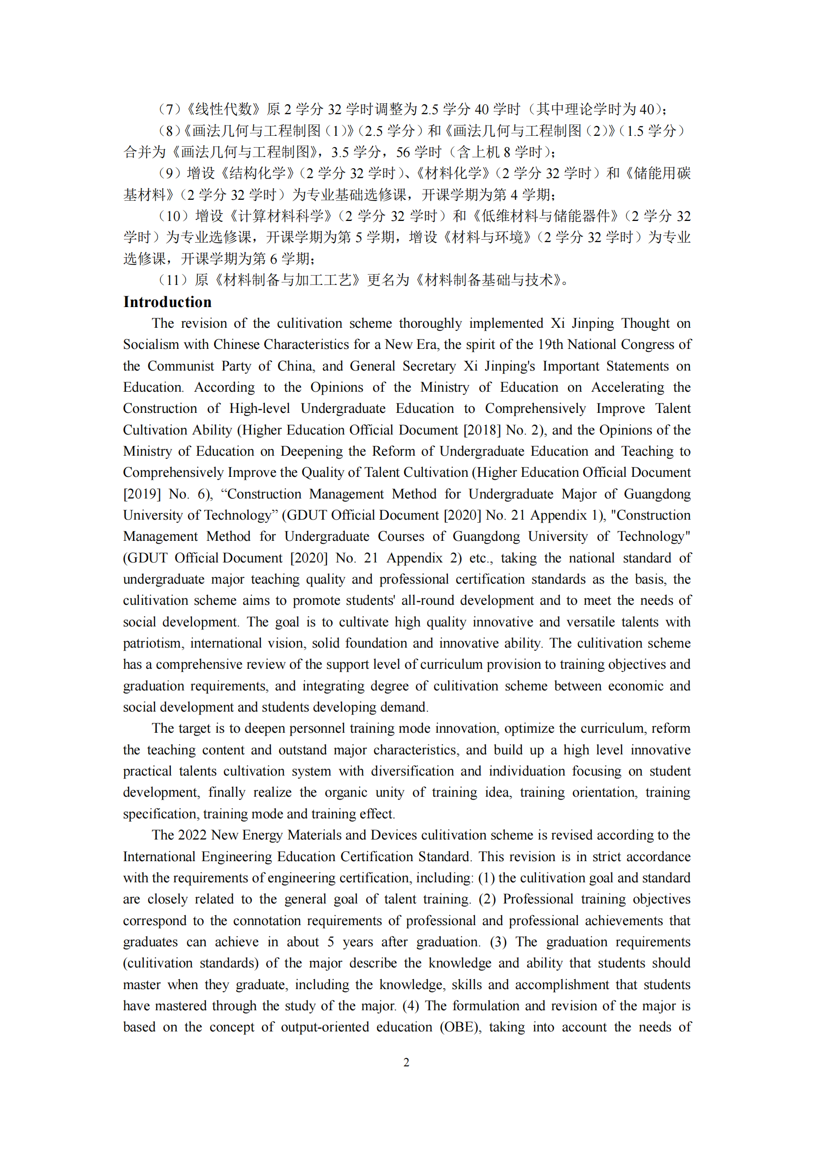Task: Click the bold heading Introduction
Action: click(x=167, y=302)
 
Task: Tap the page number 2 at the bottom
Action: click(x=407, y=1062)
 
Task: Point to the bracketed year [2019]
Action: click(x=142, y=494)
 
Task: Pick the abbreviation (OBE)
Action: click(x=461, y=1027)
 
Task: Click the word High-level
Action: click(x=260, y=408)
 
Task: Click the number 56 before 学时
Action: click(x=403, y=152)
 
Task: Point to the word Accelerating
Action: click(x=628, y=387)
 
